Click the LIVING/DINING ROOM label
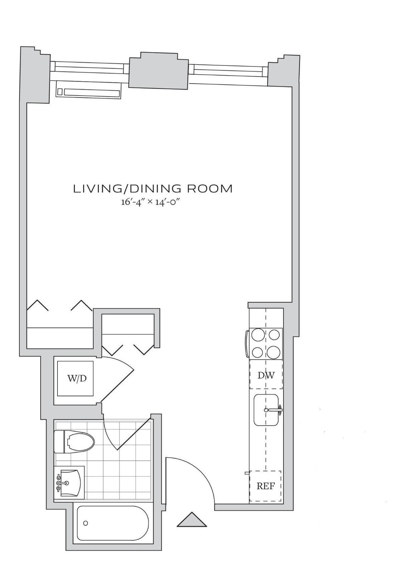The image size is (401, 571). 153,189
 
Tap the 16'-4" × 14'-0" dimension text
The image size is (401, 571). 152,203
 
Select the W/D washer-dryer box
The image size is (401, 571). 75,378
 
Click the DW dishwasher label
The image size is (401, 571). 266,375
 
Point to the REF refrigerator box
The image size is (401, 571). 265,486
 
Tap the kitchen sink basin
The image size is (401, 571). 266,410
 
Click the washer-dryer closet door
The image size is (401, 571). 117,387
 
